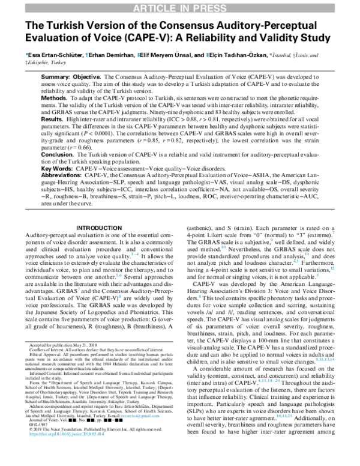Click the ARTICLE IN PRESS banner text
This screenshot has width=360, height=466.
click(x=180, y=7)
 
